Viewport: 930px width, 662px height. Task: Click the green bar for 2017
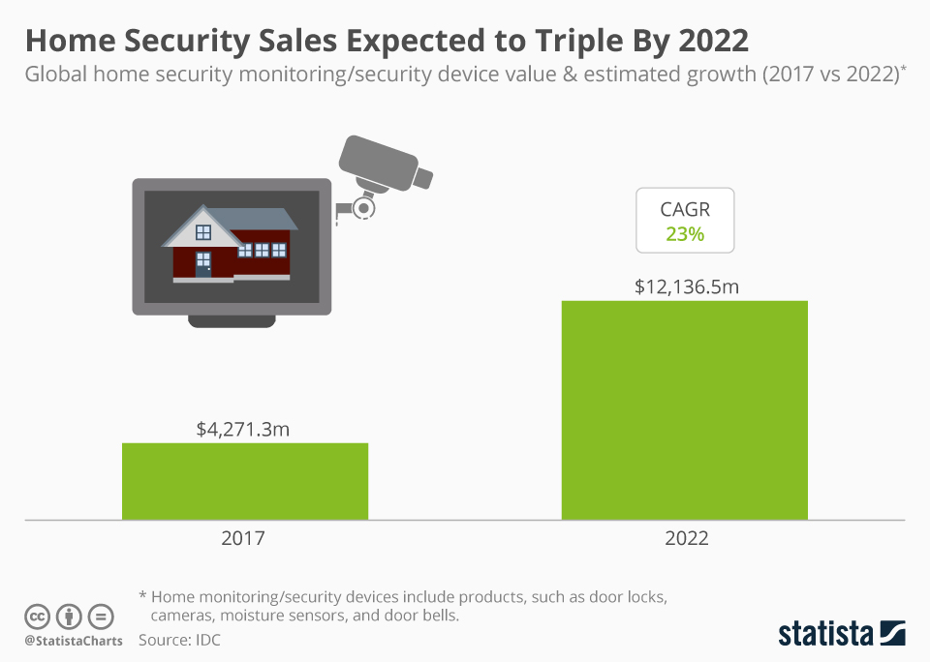(244, 481)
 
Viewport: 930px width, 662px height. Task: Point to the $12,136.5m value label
(685, 286)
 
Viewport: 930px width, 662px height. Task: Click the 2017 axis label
(243, 538)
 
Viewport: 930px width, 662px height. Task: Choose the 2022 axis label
(686, 538)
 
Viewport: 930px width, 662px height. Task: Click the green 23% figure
(685, 233)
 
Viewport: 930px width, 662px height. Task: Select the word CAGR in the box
(685, 209)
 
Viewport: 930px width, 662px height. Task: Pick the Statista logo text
(824, 634)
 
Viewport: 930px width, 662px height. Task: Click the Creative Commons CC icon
(38, 617)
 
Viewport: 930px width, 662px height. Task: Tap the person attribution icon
(69, 617)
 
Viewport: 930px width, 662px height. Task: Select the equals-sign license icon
(101, 617)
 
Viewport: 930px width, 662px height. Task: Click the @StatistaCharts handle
(74, 641)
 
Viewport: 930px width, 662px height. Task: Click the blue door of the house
(203, 264)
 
